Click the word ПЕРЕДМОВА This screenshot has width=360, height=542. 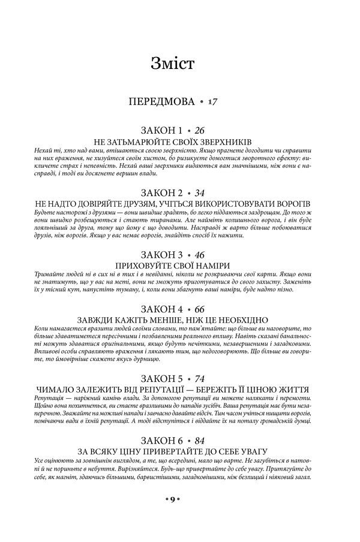[x=161, y=103]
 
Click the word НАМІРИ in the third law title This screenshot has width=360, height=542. [x=213, y=266]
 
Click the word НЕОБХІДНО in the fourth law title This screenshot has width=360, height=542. [x=236, y=320]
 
